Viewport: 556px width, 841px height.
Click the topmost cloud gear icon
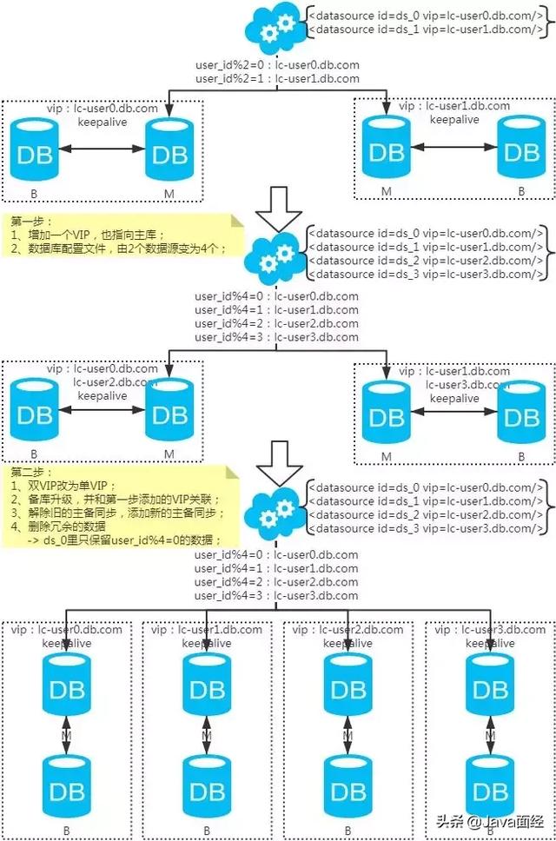[x=275, y=28]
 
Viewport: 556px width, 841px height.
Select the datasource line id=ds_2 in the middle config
[x=427, y=261]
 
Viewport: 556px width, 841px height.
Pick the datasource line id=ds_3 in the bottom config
[x=427, y=528]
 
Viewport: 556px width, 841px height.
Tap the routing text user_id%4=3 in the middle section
[x=277, y=337]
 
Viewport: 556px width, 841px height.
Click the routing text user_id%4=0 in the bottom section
[x=277, y=554]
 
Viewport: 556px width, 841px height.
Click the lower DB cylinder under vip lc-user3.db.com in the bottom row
[x=489, y=790]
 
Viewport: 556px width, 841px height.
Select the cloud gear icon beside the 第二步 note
[x=275, y=510]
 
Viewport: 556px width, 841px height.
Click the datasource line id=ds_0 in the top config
[x=427, y=14]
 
